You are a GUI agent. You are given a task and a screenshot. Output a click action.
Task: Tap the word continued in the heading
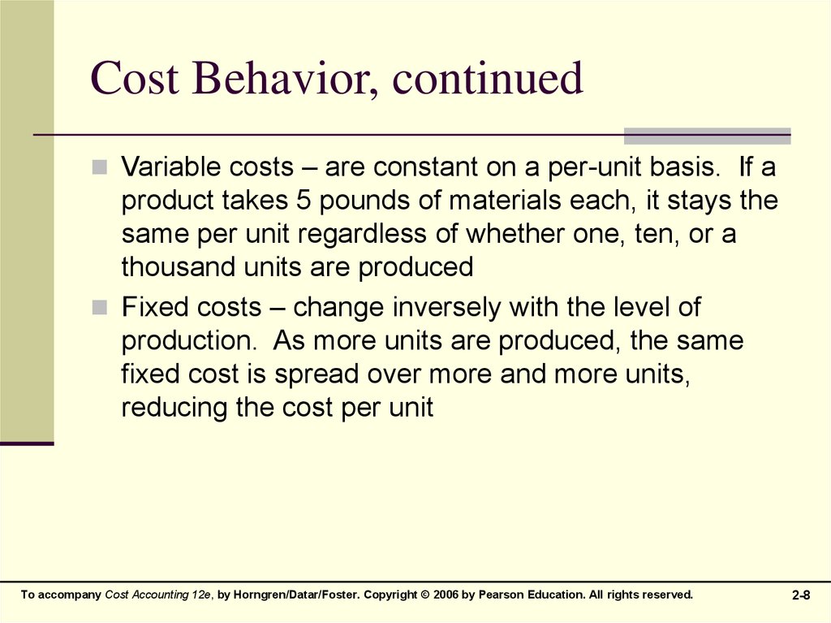[x=488, y=78]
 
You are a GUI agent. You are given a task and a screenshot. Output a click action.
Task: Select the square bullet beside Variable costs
[x=99, y=167]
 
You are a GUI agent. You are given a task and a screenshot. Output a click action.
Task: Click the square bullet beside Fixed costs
[x=99, y=307]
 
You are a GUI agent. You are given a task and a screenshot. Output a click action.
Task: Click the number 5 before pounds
[x=304, y=201]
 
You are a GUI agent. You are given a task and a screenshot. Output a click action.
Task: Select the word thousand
[x=178, y=266]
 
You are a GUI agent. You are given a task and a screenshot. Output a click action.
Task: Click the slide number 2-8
[x=801, y=595]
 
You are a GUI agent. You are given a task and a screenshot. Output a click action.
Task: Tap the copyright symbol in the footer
[x=425, y=595]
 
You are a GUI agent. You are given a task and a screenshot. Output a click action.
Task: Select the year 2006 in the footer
[x=446, y=595]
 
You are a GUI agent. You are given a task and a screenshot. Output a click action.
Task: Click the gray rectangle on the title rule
[x=707, y=136]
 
